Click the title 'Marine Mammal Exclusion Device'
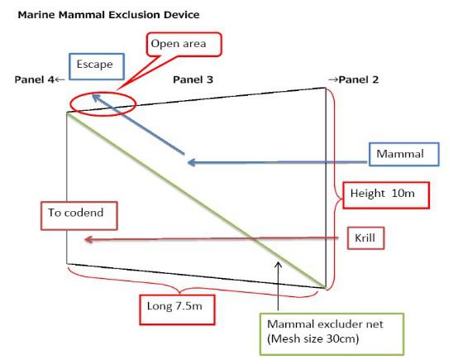(x=108, y=15)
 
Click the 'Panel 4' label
(x=34, y=79)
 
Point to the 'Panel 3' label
(x=193, y=79)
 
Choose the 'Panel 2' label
(x=359, y=79)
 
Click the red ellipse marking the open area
(x=103, y=93)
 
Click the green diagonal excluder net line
(x=196, y=200)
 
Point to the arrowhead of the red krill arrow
(x=88, y=240)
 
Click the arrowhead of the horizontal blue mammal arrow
(x=190, y=162)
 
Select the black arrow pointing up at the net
(x=279, y=286)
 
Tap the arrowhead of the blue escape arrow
(x=95, y=96)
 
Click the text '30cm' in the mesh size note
(x=342, y=338)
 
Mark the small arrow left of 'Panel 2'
(x=333, y=79)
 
